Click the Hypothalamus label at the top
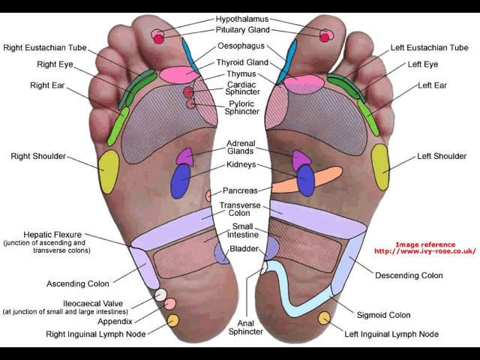click(242, 18)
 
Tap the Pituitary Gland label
click(242, 30)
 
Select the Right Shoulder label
click(38, 157)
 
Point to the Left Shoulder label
click(442, 157)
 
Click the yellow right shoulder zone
click(109, 170)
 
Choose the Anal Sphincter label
click(246, 325)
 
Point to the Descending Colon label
click(408, 275)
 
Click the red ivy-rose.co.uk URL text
click(425, 251)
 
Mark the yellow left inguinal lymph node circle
click(324, 318)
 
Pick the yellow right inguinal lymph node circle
click(173, 321)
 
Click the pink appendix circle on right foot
click(170, 304)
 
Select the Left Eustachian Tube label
click(429, 48)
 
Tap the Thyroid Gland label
click(242, 62)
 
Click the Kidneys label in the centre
click(241, 164)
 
